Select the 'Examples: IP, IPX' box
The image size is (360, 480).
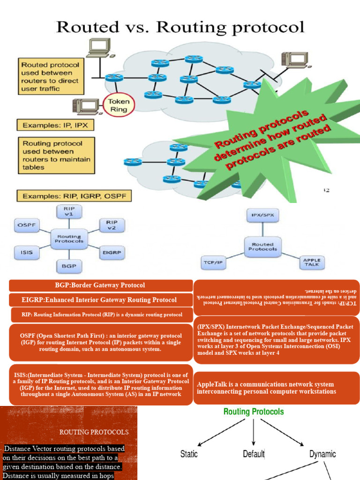56,126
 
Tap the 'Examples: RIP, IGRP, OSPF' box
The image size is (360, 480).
74,195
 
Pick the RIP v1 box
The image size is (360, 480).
68,211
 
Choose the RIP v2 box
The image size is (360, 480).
112,225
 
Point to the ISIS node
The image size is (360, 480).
26,252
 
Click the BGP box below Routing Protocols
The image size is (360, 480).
69,266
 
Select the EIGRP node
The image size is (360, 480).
112,252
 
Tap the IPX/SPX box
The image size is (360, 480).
263,216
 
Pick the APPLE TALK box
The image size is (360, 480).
312,262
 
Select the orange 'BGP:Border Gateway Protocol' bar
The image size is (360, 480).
100,285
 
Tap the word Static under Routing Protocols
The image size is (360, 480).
189,454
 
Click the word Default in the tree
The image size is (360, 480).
254,454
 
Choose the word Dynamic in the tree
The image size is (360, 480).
322,454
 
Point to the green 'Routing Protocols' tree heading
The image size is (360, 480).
254,412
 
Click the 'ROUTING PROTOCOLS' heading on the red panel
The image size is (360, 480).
94,432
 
